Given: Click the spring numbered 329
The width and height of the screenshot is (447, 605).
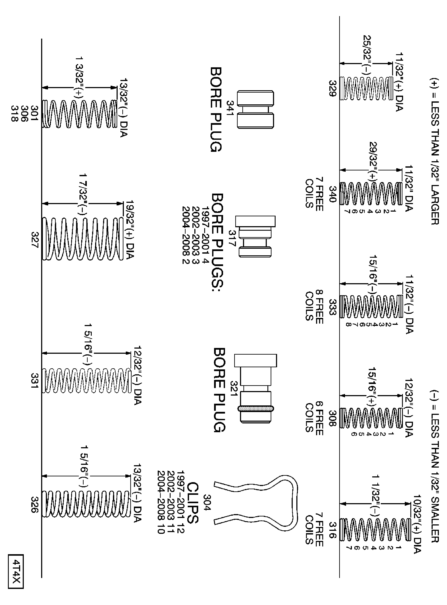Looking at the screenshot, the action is pyautogui.click(x=366, y=88).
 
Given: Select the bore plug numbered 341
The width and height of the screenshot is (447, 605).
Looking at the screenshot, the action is pyautogui.click(x=255, y=109).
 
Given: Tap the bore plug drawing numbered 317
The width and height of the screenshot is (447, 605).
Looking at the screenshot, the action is pyautogui.click(x=255, y=236).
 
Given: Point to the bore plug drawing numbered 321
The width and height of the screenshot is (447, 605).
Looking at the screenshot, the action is pyautogui.click(x=255, y=388).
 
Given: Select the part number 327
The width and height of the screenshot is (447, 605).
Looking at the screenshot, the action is pyautogui.click(x=35, y=239).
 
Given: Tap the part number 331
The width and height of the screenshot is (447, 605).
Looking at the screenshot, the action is pyautogui.click(x=35, y=380).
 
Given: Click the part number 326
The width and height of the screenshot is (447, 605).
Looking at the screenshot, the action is pyautogui.click(x=35, y=505).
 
